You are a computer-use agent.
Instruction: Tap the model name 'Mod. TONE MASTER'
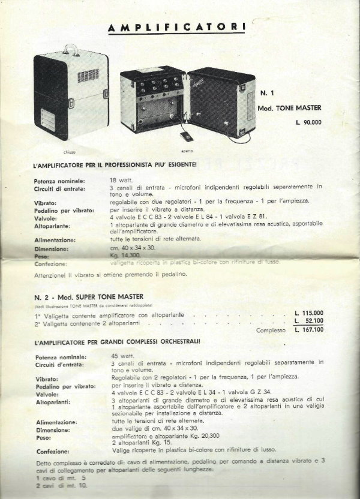pos(289,109)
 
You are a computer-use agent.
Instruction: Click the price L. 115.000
pos(309,313)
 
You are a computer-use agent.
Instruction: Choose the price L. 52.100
pos(309,321)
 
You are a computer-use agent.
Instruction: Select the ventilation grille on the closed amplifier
pos(87,76)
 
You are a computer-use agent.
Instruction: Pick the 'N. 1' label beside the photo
pos(268,94)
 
